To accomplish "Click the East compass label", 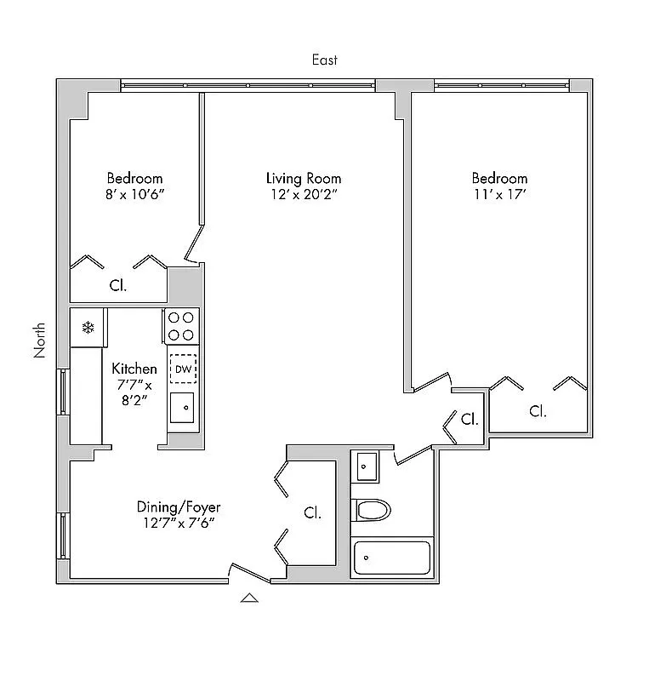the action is pos(324,60).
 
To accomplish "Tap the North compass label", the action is pos(39,340).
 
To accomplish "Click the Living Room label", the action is pos(304,178).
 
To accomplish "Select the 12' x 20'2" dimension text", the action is pos(304,194).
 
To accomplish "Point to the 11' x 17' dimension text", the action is pos(499,194).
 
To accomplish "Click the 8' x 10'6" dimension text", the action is pos(135,194).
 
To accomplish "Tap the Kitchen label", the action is pos(134,369).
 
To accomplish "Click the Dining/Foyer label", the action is pos(179,507).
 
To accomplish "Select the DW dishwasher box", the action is pos(183,369).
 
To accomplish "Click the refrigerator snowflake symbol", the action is pos(88,328).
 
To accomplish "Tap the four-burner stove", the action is pos(181,326).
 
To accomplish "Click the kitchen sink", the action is pos(182,408).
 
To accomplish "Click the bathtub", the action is pos(392,558).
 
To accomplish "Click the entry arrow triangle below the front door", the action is pos(249,598).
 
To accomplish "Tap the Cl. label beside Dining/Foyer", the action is pos(312,513).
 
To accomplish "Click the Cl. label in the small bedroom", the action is pos(117,285).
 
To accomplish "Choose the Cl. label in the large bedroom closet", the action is pos(538,411).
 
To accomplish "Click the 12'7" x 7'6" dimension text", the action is pos(179,523).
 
